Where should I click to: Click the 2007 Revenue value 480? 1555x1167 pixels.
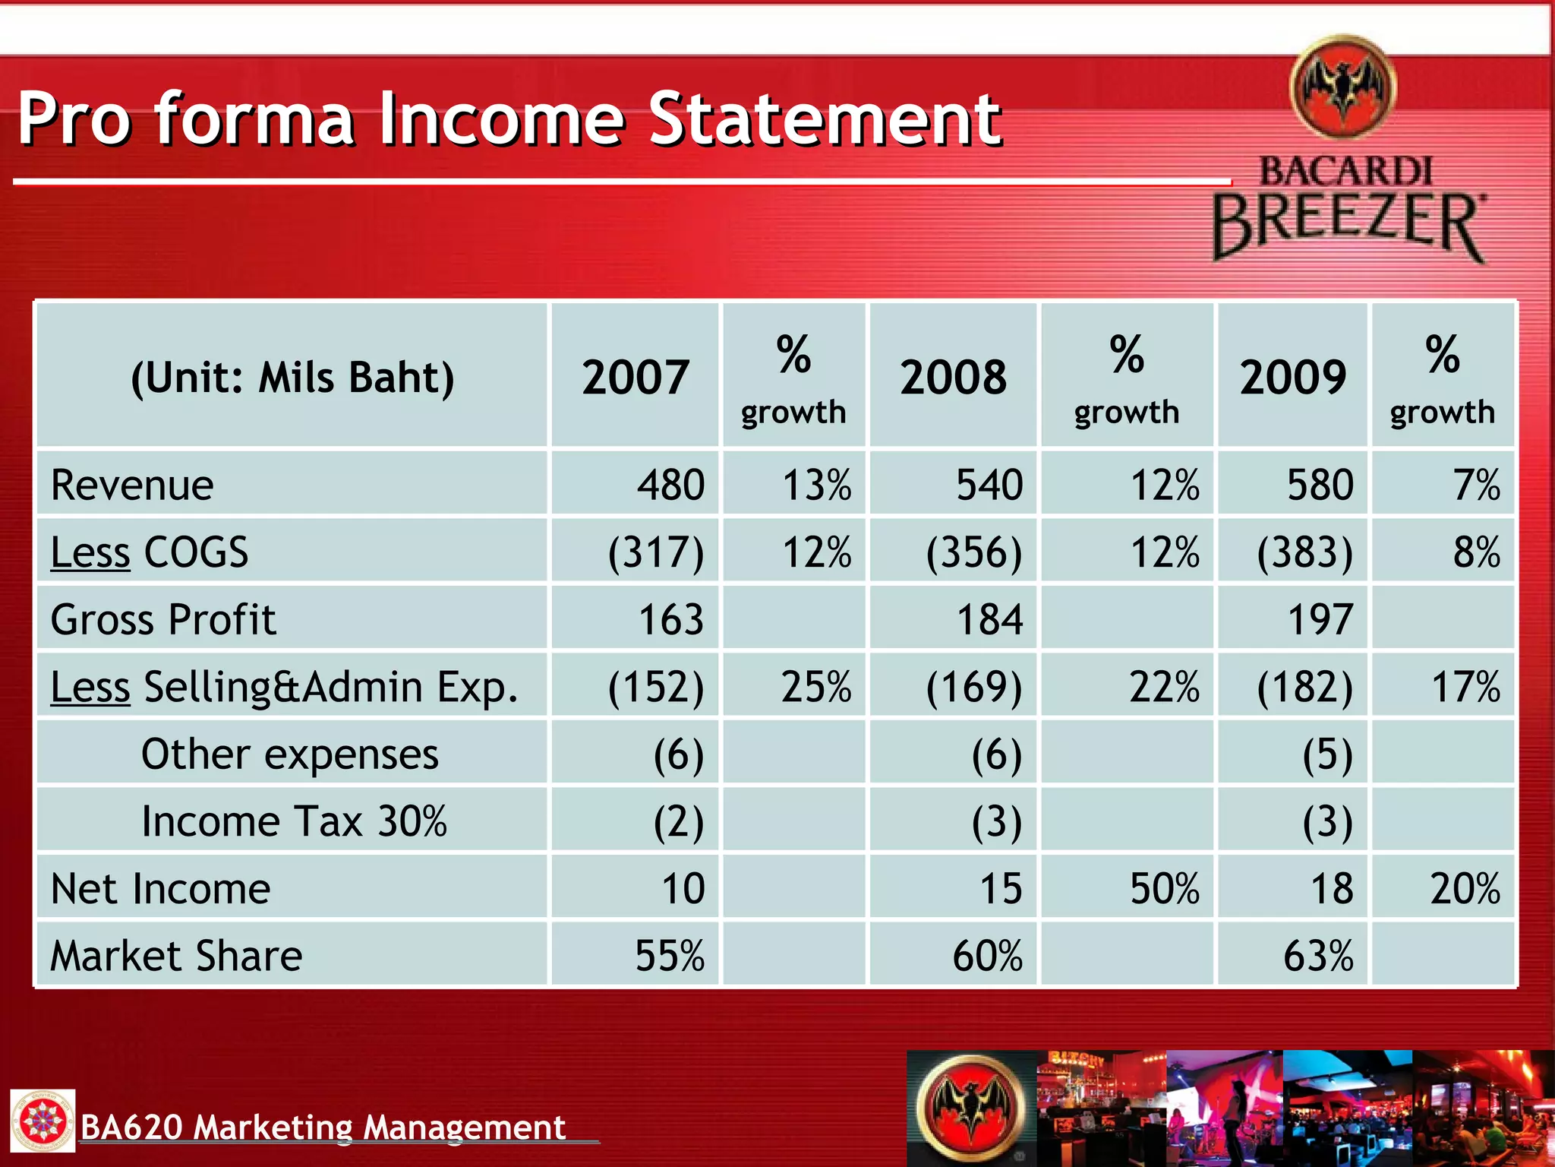(671, 485)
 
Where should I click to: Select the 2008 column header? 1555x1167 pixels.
(953, 377)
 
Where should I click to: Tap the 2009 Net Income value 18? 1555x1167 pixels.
(1332, 888)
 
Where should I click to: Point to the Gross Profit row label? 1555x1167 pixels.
(163, 619)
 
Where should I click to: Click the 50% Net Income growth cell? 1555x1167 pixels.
(1164, 888)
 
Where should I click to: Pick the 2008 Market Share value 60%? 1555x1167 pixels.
(987, 956)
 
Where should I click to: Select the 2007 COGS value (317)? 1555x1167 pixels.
(656, 552)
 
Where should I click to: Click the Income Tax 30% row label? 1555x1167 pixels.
(295, 821)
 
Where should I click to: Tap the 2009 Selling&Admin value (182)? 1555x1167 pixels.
(1305, 687)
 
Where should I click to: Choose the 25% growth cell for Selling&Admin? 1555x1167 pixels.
(816, 687)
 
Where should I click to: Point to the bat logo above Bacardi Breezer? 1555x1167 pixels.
(1343, 87)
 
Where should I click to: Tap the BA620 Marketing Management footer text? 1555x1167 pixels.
(323, 1127)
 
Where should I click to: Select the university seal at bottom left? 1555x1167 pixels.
(43, 1121)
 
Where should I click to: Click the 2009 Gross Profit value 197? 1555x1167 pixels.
(1320, 619)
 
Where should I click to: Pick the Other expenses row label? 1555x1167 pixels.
(290, 754)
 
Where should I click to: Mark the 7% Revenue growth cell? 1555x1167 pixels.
(1476, 485)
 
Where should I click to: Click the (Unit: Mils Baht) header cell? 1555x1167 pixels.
(292, 377)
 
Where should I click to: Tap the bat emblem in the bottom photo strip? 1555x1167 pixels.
(972, 1106)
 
